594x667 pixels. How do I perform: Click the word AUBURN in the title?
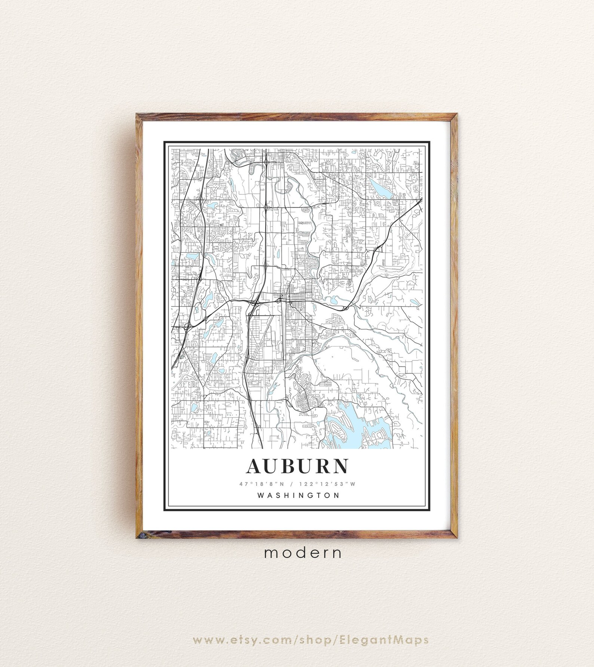297,466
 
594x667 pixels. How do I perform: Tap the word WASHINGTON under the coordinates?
298,495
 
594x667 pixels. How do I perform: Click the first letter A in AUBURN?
255,466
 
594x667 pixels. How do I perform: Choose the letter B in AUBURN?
289,466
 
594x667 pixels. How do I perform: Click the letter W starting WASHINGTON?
261,495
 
